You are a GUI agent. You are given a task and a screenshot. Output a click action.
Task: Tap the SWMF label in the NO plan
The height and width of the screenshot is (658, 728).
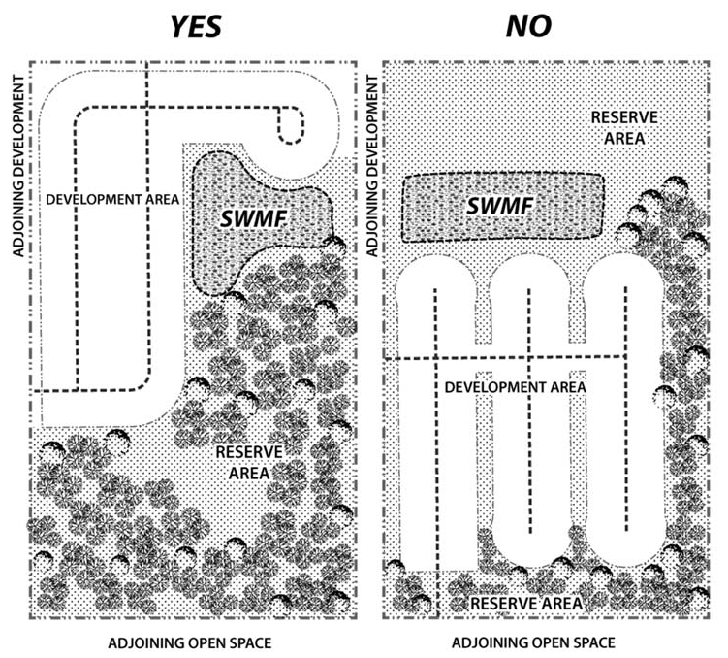(x=498, y=206)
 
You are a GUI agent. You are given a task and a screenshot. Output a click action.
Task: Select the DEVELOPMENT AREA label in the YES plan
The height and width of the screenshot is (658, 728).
(x=113, y=199)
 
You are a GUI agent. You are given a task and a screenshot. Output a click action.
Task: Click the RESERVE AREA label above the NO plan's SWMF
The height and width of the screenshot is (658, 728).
(x=625, y=127)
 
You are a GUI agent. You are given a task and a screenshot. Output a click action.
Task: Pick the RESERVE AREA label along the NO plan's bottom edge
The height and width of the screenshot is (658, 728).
(x=526, y=604)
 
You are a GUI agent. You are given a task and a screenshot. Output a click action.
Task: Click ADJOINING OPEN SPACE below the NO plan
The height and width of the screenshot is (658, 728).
(x=533, y=643)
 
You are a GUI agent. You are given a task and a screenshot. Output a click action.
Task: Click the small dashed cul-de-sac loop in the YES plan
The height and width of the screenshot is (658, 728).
(x=291, y=123)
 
